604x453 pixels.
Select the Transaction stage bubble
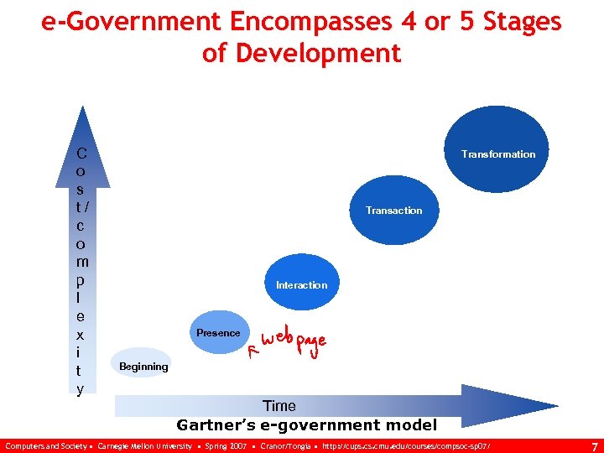(x=393, y=207)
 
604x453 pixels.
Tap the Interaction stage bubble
(x=302, y=284)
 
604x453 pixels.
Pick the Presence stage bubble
(x=218, y=332)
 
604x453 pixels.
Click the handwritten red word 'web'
(x=277, y=339)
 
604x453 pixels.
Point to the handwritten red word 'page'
(x=309, y=343)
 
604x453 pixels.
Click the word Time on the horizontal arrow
(x=279, y=406)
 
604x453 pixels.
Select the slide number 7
(x=594, y=445)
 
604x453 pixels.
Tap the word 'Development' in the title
(x=320, y=54)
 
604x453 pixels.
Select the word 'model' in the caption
(x=410, y=424)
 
